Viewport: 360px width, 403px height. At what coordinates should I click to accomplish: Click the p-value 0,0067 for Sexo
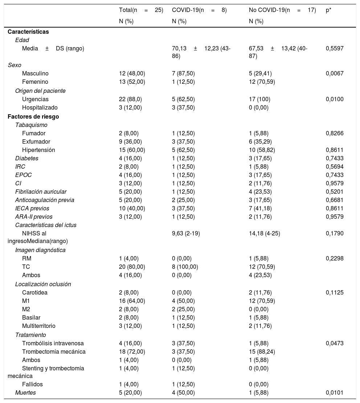[x=335, y=73]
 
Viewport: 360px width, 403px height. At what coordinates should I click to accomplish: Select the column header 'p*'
[x=328, y=10]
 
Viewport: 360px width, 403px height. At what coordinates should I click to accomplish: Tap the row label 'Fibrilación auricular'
[x=41, y=192]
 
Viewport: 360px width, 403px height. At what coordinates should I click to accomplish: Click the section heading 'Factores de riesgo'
[x=33, y=116]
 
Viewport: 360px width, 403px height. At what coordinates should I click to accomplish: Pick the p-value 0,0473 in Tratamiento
[x=335, y=343]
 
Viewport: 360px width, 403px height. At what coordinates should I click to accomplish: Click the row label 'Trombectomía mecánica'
[x=54, y=351]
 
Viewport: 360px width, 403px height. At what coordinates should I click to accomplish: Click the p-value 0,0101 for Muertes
[x=335, y=392]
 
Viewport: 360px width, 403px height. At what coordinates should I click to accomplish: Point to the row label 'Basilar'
[x=31, y=318]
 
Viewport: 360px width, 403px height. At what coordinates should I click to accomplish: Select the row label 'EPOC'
[x=23, y=175]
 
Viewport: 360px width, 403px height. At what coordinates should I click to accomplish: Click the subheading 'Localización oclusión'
[x=43, y=284]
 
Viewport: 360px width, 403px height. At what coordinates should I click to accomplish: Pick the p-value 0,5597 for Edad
[x=335, y=48]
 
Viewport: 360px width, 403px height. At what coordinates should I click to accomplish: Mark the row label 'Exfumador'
[x=36, y=141]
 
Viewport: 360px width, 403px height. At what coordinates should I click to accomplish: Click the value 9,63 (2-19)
[x=186, y=234]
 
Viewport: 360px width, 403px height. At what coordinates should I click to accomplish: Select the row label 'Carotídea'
[x=34, y=292]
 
